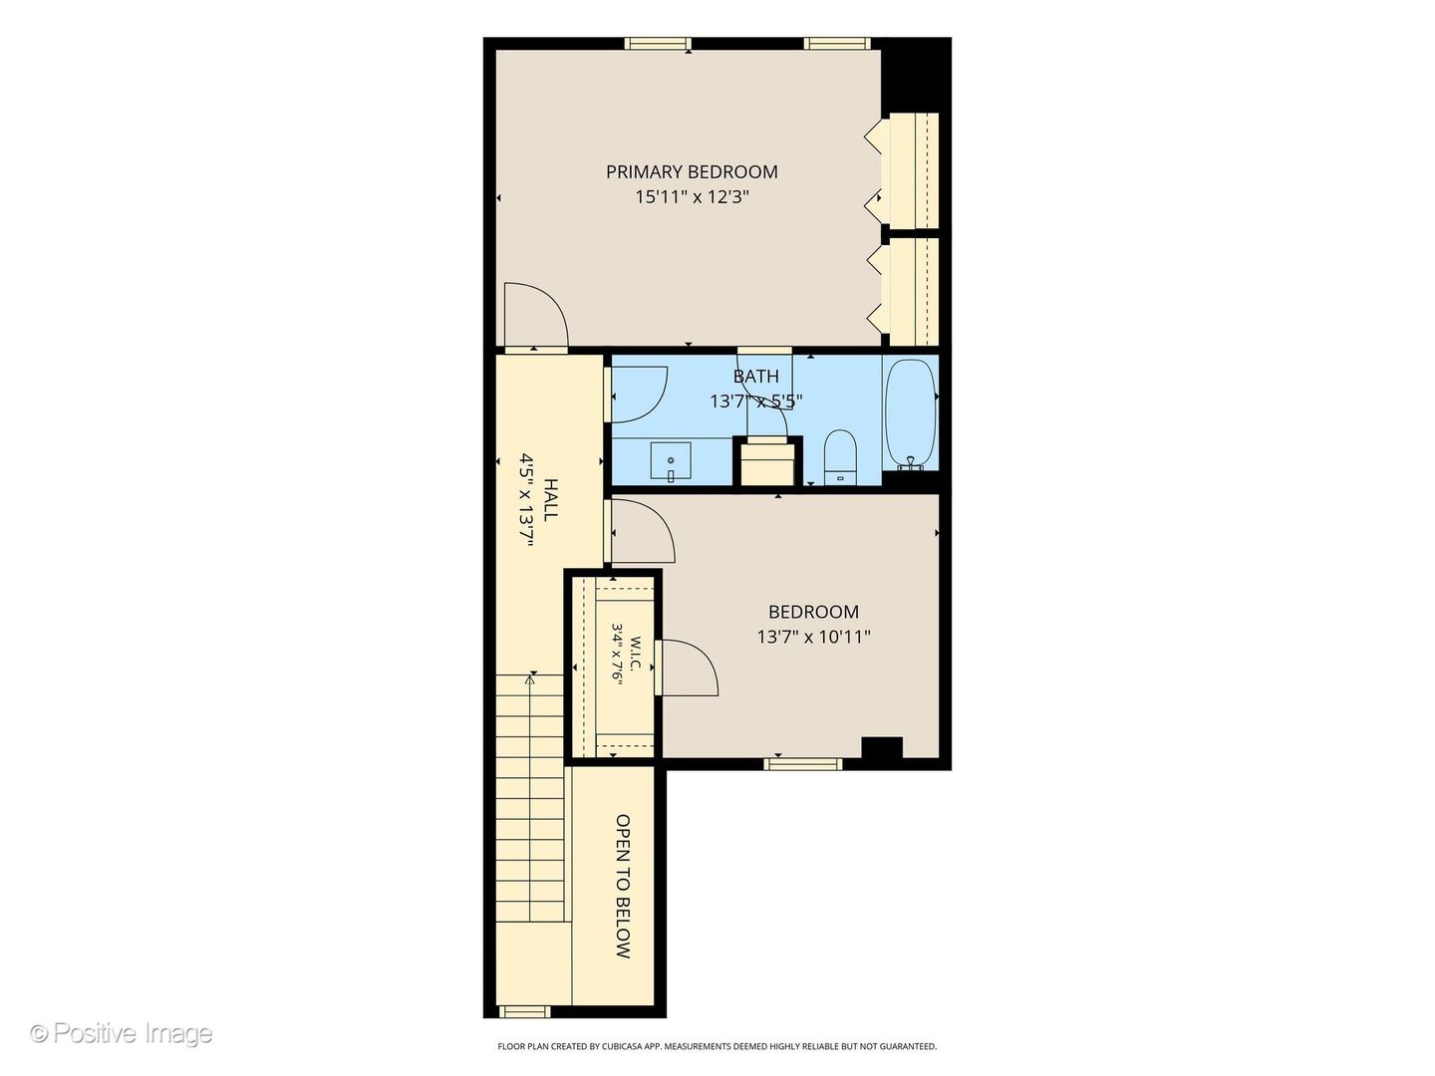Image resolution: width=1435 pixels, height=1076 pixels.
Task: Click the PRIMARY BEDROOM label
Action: [x=692, y=171]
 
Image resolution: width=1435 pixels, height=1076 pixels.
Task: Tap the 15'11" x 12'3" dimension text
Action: [x=692, y=196]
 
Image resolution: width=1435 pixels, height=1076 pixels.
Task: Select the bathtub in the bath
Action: [x=910, y=414]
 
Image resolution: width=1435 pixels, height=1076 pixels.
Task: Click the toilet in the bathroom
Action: [x=840, y=456]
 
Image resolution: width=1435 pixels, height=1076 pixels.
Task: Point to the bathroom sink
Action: [x=671, y=461]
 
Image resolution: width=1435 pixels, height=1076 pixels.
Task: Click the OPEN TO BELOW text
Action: [x=623, y=886]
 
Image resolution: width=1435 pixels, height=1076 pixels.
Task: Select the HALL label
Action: [x=551, y=500]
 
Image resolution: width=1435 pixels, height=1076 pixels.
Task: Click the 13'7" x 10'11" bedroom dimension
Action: [x=813, y=637]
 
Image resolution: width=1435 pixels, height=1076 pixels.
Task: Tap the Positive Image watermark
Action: [x=123, y=1033]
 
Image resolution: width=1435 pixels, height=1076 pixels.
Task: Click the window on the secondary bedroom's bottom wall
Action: [x=803, y=764]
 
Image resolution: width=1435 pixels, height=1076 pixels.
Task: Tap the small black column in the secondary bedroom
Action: [x=882, y=747]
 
